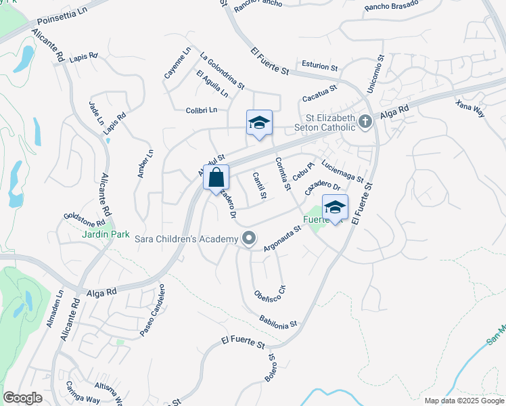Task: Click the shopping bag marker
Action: pyautogui.click(x=216, y=179)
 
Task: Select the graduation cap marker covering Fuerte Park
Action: pyautogui.click(x=335, y=208)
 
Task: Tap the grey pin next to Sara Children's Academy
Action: pyautogui.click(x=250, y=238)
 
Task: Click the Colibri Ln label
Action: pyautogui.click(x=202, y=110)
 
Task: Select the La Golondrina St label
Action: pyautogui.click(x=222, y=70)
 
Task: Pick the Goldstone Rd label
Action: pyautogui.click(x=85, y=219)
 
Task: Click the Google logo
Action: pyautogui.click(x=22, y=398)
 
